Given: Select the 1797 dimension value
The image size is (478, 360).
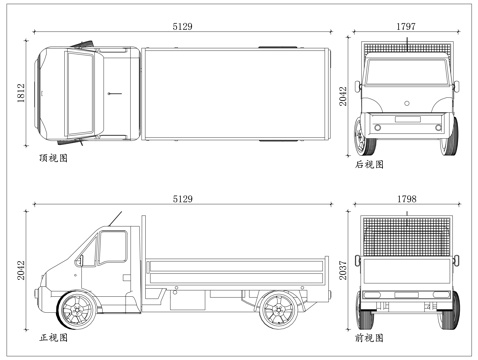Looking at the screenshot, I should tap(406, 25).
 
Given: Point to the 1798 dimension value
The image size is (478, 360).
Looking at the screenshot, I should tap(406, 199).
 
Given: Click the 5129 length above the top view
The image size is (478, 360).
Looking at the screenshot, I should tap(183, 25).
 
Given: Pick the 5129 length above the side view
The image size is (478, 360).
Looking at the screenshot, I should tap(183, 199).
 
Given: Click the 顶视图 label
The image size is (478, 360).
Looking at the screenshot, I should tap(53, 158).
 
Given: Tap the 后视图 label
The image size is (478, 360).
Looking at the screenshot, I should tap(369, 164).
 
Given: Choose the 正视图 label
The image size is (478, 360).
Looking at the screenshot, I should tap(53, 337).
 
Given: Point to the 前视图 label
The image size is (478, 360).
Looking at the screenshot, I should tap(369, 338).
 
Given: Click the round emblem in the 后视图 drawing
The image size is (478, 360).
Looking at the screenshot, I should tap(406, 104).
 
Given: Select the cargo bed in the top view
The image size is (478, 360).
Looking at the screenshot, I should tap(235, 93).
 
